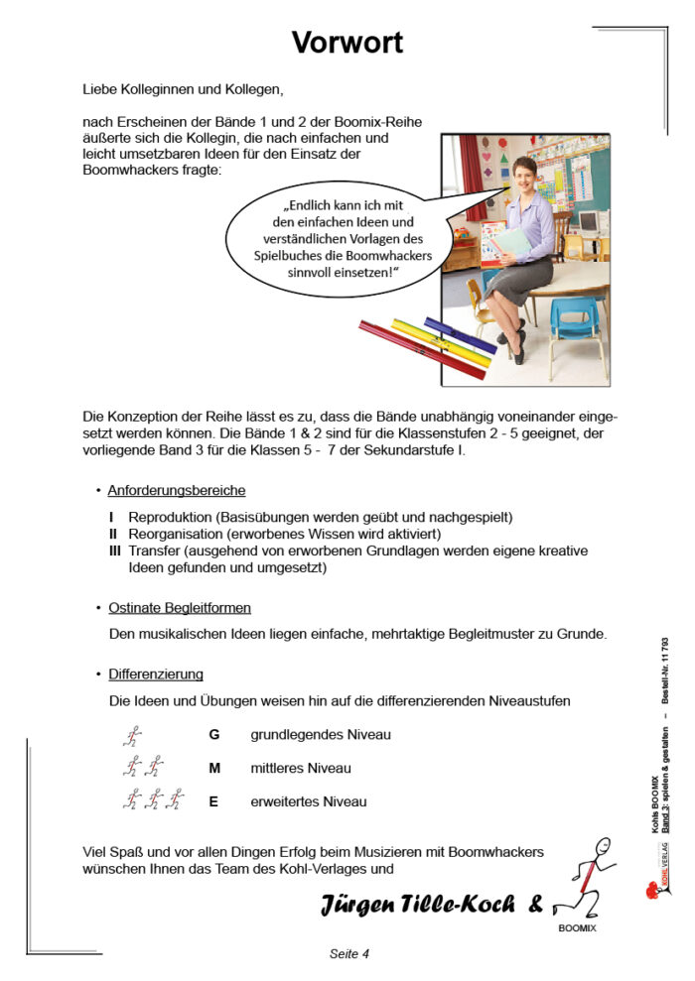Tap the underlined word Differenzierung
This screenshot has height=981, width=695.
point(156,674)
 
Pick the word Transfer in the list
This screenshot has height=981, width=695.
point(152,551)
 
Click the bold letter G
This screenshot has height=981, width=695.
point(213,735)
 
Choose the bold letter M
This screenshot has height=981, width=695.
point(214,768)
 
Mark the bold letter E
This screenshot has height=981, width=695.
point(213,801)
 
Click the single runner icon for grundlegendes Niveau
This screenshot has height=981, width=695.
point(132,736)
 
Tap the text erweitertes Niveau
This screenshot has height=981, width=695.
point(308,801)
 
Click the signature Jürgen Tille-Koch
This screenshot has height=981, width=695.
point(417,904)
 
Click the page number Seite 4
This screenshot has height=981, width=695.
point(349,954)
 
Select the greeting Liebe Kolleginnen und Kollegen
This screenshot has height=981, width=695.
point(184,90)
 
